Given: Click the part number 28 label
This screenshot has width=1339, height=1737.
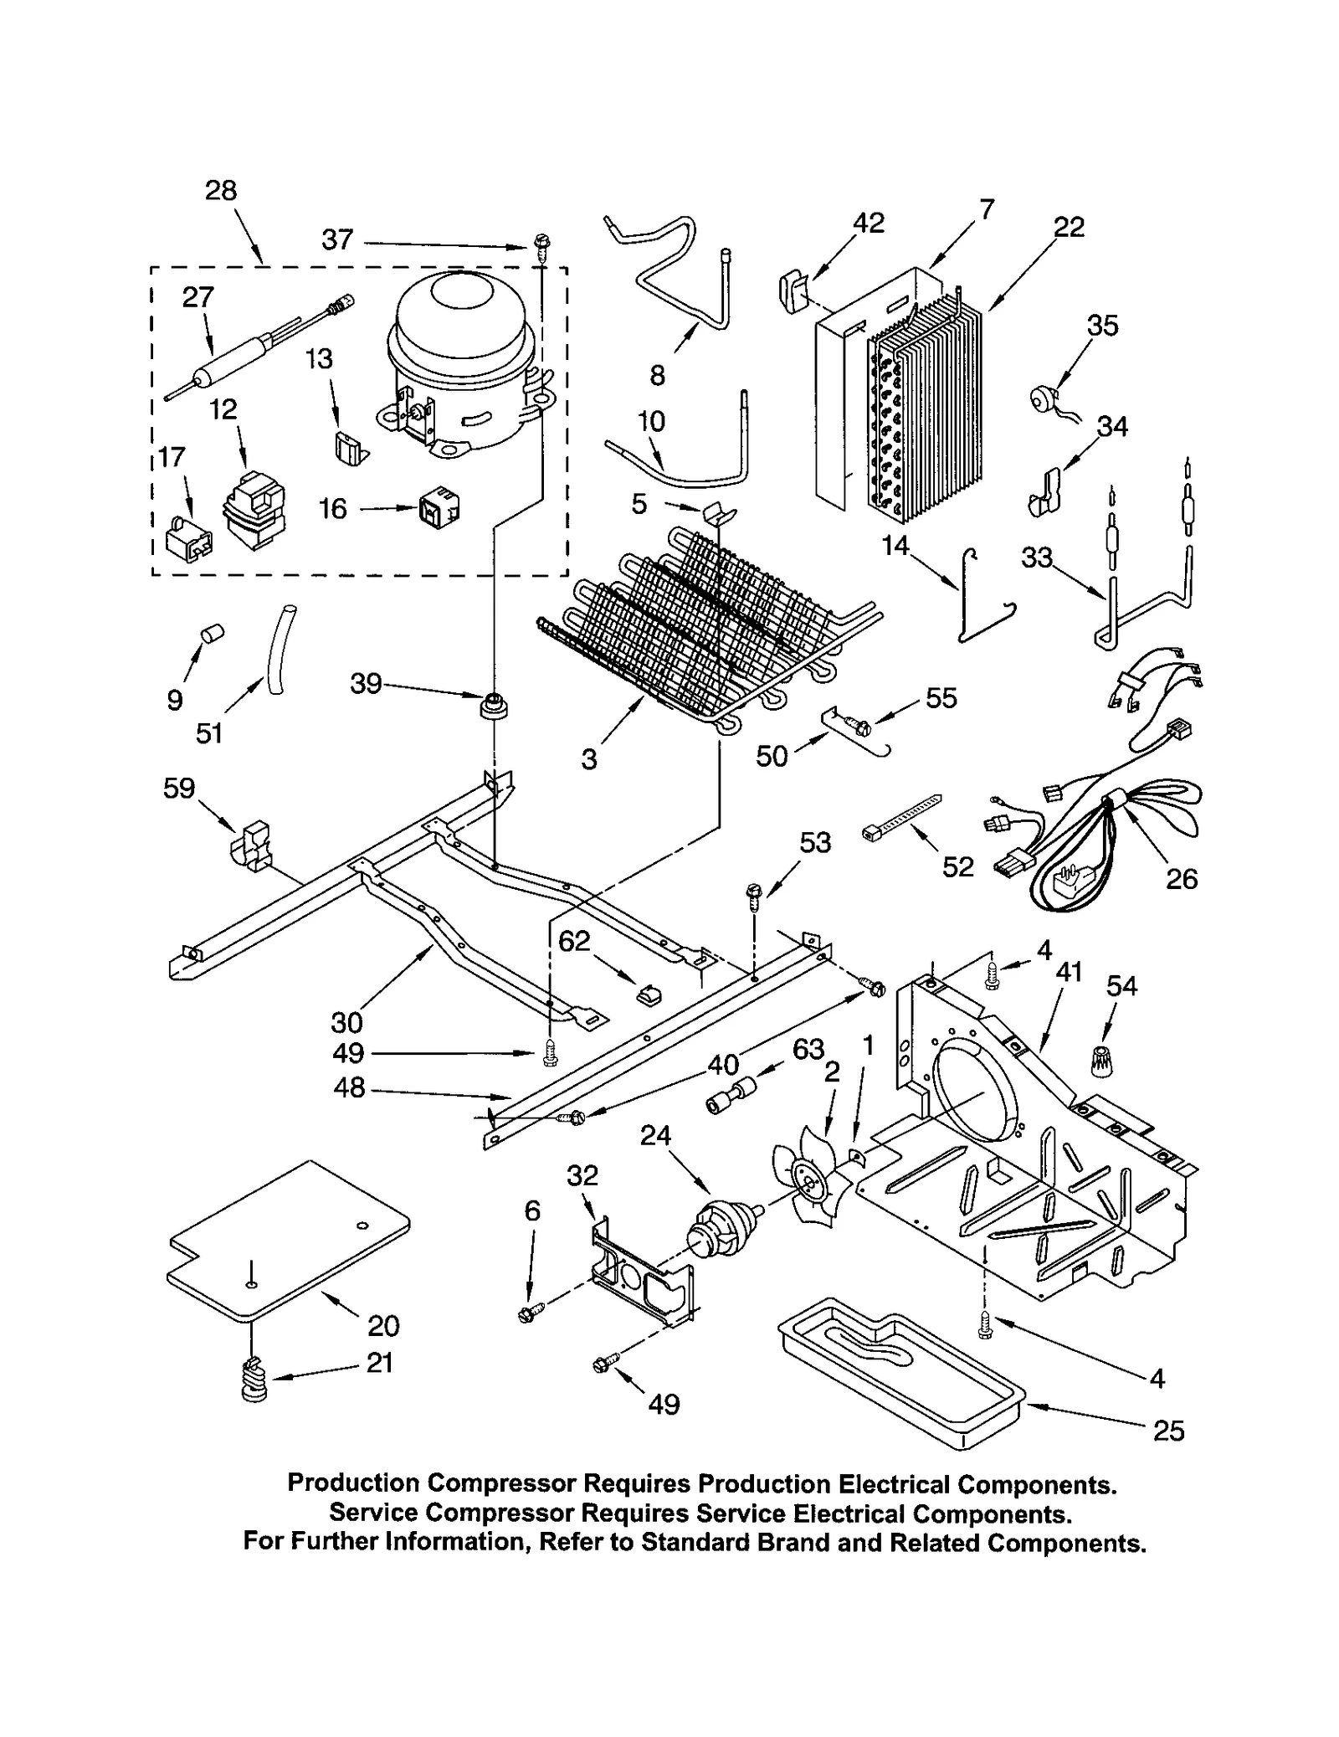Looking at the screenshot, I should tap(221, 191).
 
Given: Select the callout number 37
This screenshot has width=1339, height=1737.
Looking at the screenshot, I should tap(338, 240).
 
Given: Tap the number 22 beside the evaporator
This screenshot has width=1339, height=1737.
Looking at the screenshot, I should tap(1069, 227).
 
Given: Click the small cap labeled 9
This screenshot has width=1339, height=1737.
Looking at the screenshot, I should tap(212, 634).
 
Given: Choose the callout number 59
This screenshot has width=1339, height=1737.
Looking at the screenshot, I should tap(179, 788).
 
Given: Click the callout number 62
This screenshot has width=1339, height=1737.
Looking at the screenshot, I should tap(574, 942).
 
